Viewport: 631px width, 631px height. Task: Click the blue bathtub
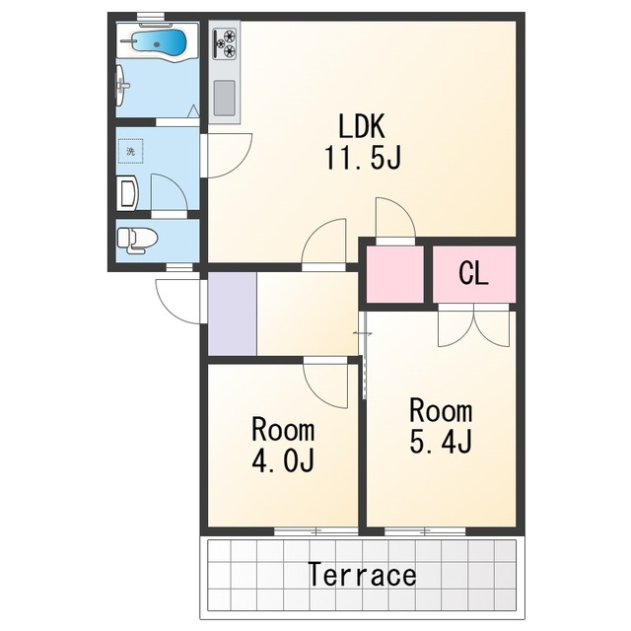pos(159,41)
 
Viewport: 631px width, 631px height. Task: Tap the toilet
pos(136,241)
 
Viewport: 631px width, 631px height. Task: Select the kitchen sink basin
pos(224,99)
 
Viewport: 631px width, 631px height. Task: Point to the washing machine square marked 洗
pos(131,151)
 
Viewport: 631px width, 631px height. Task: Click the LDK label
pos(362,126)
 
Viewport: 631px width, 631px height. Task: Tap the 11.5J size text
pos(363,158)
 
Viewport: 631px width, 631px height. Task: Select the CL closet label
pos(473,274)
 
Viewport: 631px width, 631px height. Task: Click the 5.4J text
pos(441,442)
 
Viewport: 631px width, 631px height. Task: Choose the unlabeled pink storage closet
pos(394,274)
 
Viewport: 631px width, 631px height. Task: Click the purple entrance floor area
pos(233,314)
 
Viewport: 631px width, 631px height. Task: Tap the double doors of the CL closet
pos(473,326)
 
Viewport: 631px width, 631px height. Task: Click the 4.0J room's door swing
pos(326,384)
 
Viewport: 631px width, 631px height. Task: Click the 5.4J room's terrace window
pos(425,531)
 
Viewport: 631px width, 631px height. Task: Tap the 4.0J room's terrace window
pos(316,531)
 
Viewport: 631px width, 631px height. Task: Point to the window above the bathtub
pos(151,17)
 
